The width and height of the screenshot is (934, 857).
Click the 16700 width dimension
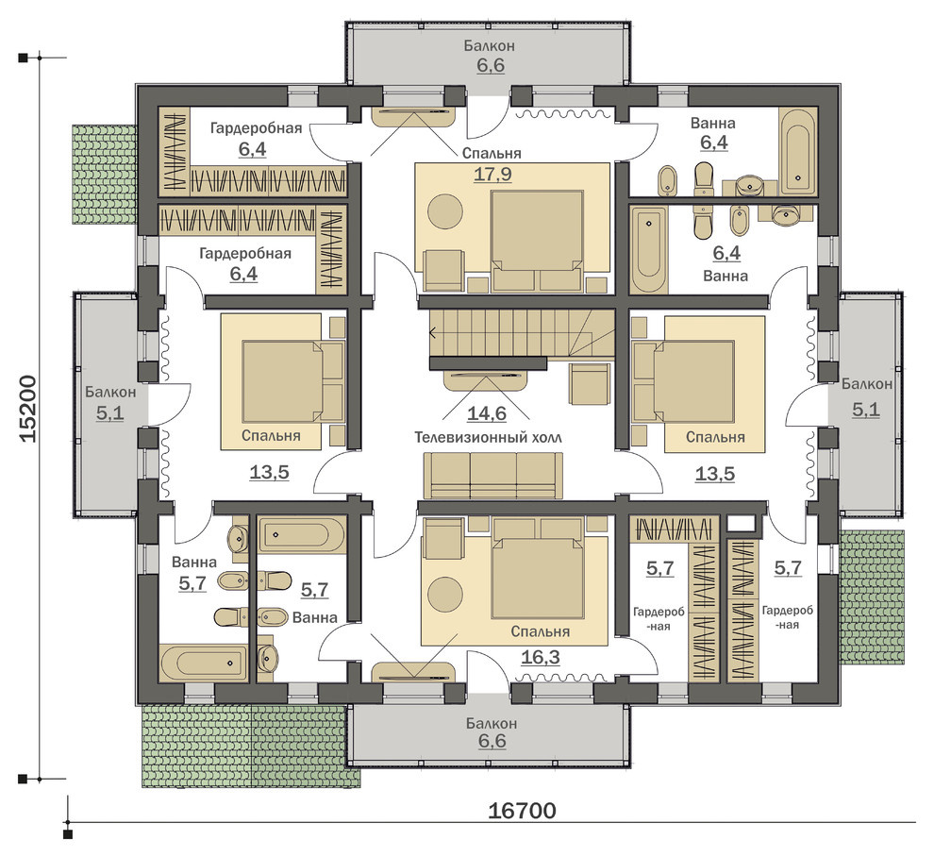pyautogui.click(x=522, y=811)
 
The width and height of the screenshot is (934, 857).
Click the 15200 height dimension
pyautogui.click(x=28, y=409)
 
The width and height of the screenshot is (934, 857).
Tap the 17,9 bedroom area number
pyautogui.click(x=492, y=175)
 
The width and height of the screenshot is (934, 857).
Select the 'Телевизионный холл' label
pyautogui.click(x=488, y=437)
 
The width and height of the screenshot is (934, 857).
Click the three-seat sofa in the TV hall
pyautogui.click(x=492, y=475)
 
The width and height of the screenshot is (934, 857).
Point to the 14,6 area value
pyautogui.click(x=487, y=413)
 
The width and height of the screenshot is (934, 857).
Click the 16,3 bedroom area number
pyautogui.click(x=541, y=657)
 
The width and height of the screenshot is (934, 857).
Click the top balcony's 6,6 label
pyautogui.click(x=491, y=65)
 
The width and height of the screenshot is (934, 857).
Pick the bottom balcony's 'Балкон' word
pyautogui.click(x=492, y=724)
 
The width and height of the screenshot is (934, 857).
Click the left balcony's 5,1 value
pyautogui.click(x=110, y=412)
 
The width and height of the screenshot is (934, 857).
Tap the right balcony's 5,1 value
pyautogui.click(x=865, y=410)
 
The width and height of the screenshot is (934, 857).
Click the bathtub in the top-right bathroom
pyautogui.click(x=797, y=151)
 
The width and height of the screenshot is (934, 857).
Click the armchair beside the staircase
pyautogui.click(x=590, y=382)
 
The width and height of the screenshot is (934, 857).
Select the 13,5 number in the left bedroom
pyautogui.click(x=269, y=473)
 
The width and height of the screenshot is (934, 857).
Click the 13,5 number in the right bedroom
pyautogui.click(x=715, y=475)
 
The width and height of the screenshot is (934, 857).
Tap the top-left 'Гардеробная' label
pyautogui.click(x=256, y=128)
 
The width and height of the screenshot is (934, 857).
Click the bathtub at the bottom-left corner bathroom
pyautogui.click(x=204, y=662)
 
